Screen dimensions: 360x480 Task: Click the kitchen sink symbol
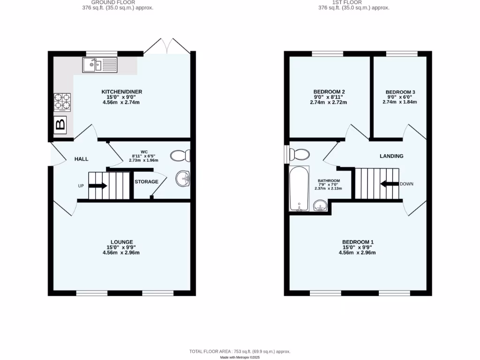coord(99,65)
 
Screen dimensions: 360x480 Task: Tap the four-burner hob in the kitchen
coord(63,102)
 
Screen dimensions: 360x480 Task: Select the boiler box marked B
coord(60,125)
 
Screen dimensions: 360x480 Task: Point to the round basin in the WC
coord(183,178)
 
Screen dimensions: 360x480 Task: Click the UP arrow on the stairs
coord(98,186)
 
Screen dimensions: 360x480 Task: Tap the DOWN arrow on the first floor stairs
coord(389,184)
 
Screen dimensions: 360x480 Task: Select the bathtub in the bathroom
coord(299,188)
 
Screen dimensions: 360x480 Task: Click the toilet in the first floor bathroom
coord(299,154)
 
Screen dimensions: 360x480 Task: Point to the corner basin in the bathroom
coord(320,205)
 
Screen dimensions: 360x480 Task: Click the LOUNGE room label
coord(122,242)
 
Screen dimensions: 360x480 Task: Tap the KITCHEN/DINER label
coord(122,91)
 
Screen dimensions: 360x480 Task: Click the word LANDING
coord(391,156)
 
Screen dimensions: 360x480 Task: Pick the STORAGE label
coord(147,181)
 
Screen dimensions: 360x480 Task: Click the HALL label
coord(82,159)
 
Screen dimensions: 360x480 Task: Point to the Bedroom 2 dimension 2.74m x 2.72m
coord(328,102)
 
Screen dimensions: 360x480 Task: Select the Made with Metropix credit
coord(240,357)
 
